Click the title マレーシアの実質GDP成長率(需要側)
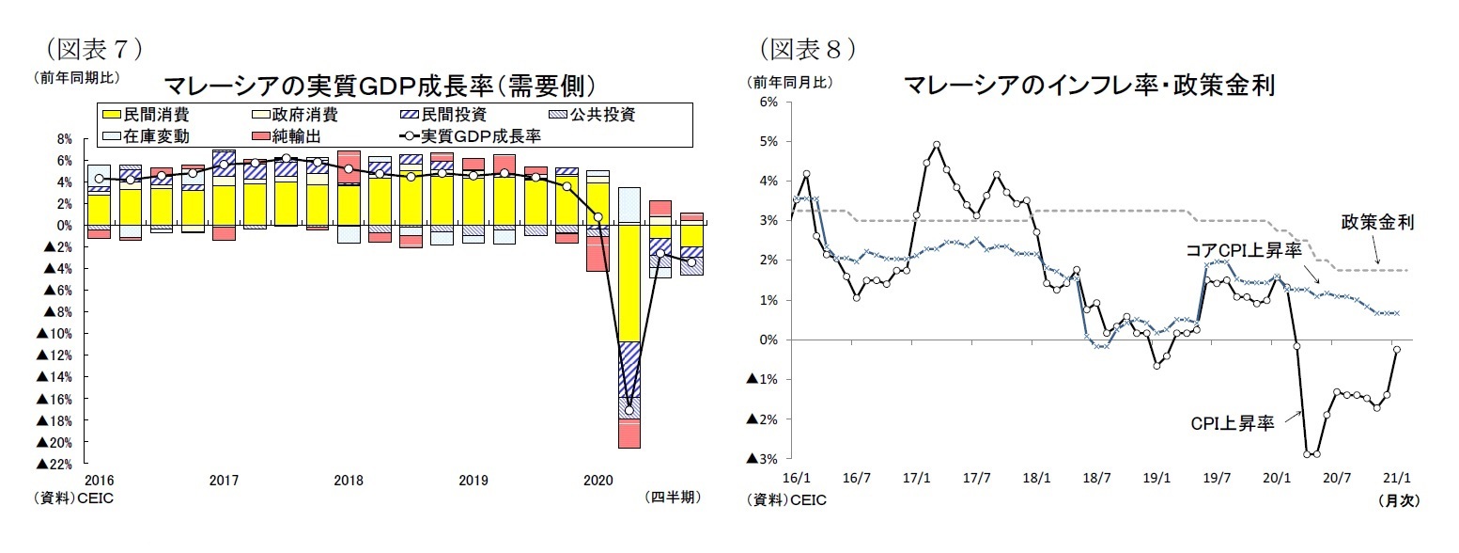[380, 87]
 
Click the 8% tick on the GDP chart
[64, 139]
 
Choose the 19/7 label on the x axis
[1217, 478]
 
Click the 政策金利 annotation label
[1377, 223]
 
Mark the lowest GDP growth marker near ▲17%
[629, 410]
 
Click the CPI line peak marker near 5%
[937, 145]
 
